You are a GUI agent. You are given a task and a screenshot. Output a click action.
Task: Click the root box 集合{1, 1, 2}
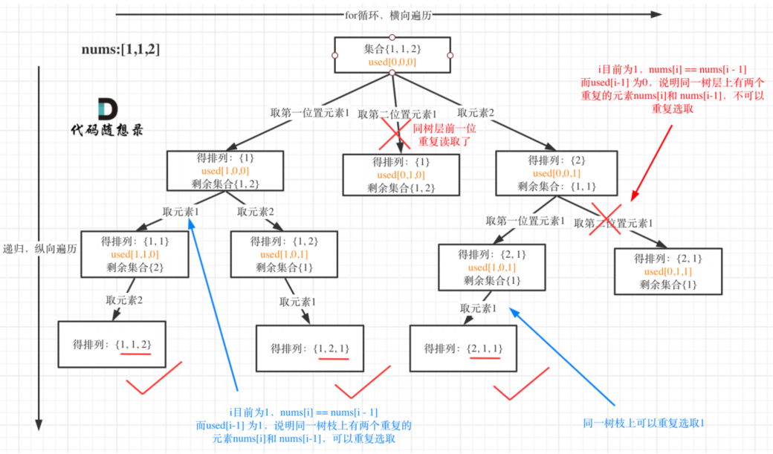tap(392, 56)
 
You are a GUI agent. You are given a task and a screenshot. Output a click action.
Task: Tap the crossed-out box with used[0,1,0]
tap(401, 175)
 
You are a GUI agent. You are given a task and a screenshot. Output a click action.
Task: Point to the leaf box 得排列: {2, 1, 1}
tap(463, 347)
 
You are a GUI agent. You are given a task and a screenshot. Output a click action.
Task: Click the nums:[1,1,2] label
tap(120, 50)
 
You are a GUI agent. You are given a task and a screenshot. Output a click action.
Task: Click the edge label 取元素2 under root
tap(476, 113)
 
